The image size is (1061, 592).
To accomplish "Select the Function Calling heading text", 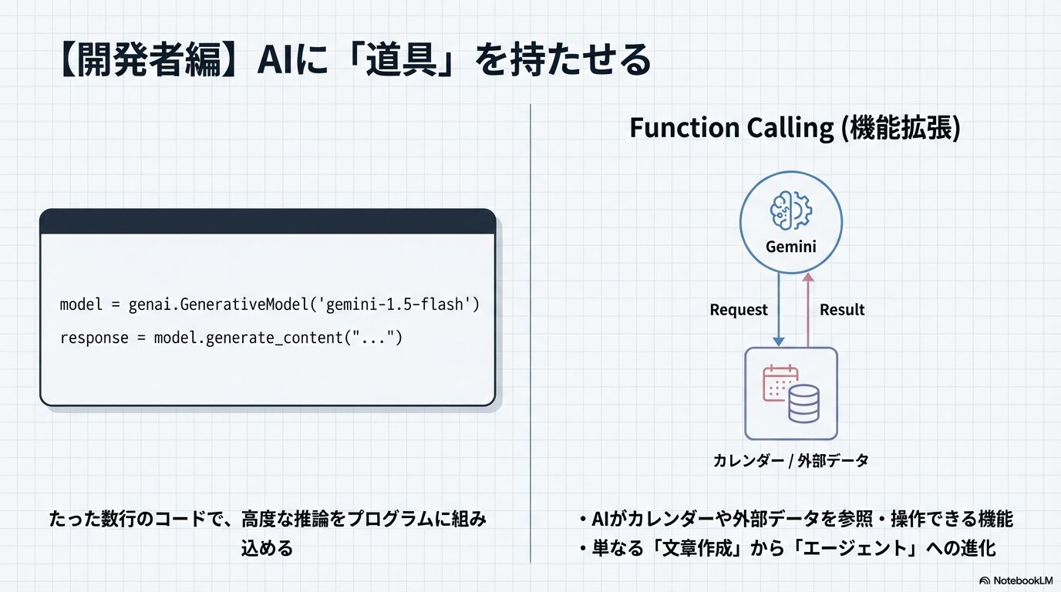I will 795,128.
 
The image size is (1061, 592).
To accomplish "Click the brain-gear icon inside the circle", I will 790,210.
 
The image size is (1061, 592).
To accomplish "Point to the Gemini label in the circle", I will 790,247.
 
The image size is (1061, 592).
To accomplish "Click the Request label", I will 738,310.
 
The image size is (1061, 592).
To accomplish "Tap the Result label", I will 841,310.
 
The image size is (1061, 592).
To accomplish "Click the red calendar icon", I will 780,383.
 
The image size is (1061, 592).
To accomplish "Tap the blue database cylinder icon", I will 803,404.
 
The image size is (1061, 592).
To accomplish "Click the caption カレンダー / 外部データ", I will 790,461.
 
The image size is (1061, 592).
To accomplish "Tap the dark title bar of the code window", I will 267,222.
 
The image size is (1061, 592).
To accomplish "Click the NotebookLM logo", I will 1016,580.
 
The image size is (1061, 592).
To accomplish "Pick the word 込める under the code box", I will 267,548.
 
